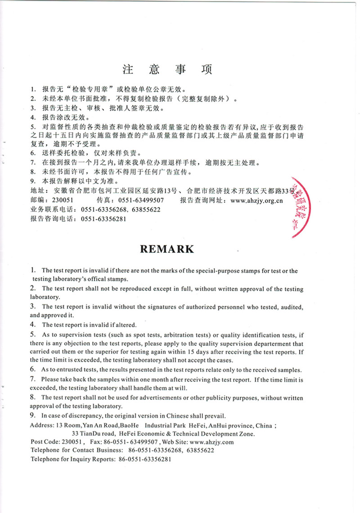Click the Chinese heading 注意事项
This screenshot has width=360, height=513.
click(167, 70)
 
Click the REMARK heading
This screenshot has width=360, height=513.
click(167, 249)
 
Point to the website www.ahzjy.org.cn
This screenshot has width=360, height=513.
click(256, 201)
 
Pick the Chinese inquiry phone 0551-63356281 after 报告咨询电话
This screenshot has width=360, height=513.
click(103, 219)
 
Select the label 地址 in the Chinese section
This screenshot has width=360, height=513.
click(37, 192)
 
